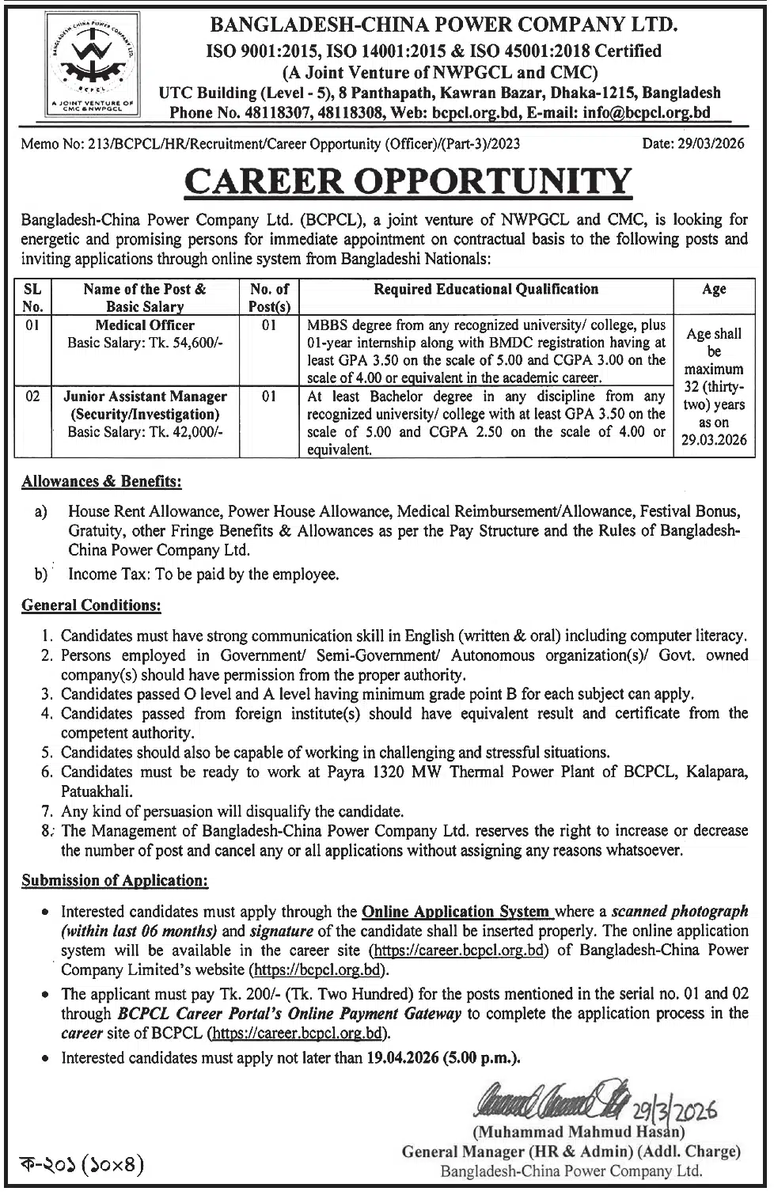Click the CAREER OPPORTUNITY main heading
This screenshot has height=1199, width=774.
(x=408, y=181)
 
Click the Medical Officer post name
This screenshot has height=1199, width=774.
(x=145, y=325)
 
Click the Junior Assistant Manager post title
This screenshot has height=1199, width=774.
(x=145, y=397)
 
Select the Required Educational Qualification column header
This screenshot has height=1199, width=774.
(x=486, y=289)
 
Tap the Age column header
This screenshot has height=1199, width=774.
(x=714, y=290)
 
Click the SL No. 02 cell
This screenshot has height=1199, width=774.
(x=33, y=397)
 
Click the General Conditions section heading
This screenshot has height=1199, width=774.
(x=91, y=605)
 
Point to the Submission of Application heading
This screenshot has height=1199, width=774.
(x=115, y=880)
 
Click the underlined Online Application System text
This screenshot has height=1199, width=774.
(x=456, y=911)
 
